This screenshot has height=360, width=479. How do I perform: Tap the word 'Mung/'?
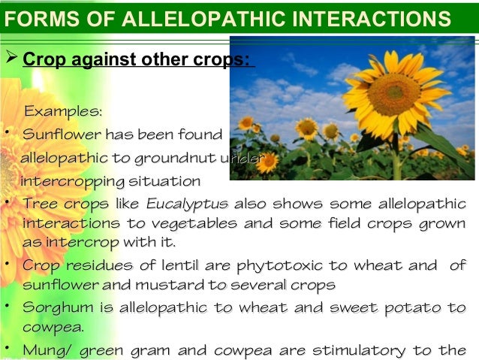tap(45, 350)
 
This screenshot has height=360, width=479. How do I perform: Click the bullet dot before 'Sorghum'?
tap(7, 307)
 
